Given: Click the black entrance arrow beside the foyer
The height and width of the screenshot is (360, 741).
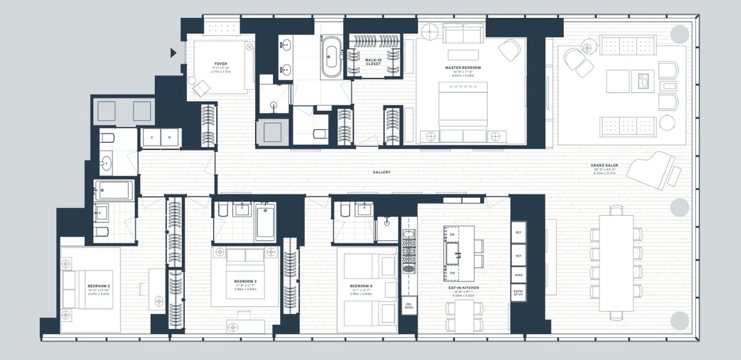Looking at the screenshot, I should coord(174,53).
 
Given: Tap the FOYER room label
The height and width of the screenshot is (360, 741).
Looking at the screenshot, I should coord(219,63).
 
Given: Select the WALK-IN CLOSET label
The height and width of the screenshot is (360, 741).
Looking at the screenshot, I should coord(373,61).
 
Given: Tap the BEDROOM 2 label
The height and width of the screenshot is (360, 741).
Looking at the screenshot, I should coord(99,286).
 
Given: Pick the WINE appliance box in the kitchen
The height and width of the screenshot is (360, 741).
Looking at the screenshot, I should coord(519,274).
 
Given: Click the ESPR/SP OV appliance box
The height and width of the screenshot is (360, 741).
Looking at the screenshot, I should coord(519,293).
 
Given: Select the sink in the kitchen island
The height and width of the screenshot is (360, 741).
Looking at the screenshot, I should coord(459,253).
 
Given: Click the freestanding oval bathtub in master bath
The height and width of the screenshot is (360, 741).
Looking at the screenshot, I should coord(331,56).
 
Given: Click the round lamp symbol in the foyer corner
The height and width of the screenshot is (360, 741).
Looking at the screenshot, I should coord(249,46).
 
